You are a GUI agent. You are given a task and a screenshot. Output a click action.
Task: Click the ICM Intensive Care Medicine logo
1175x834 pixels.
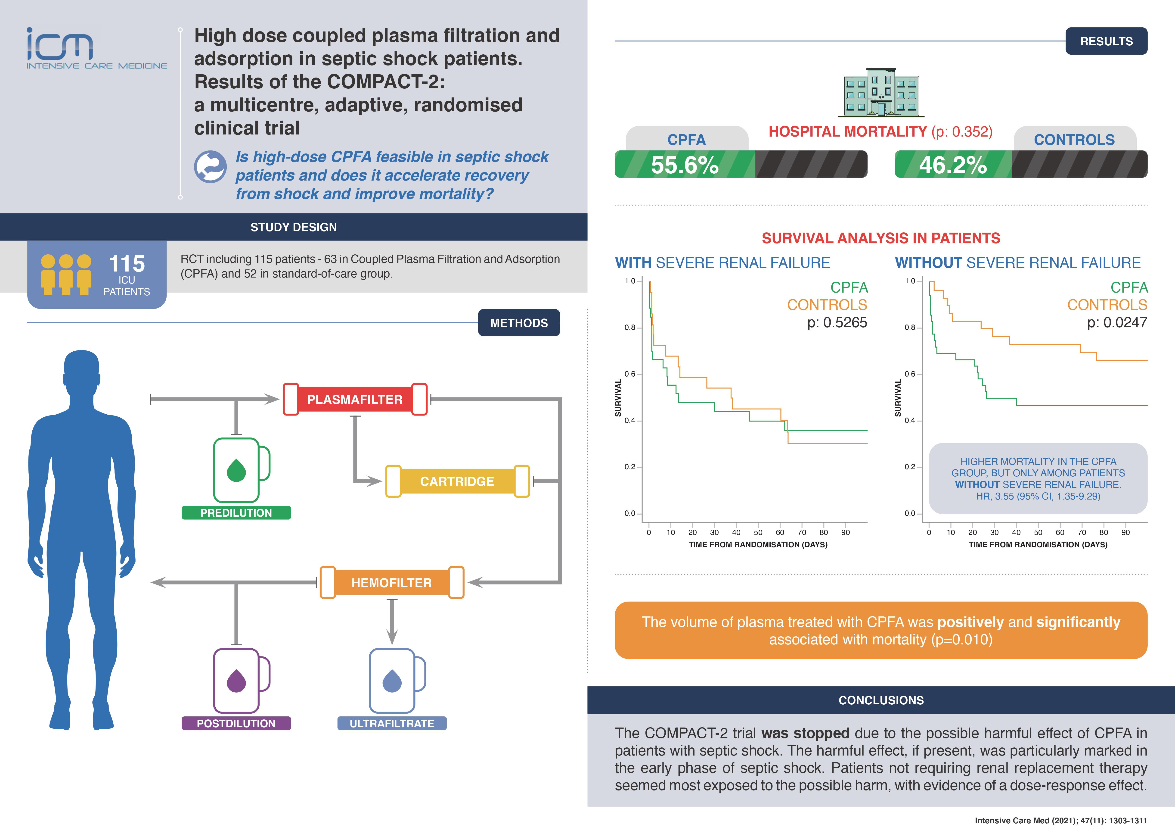(96, 49)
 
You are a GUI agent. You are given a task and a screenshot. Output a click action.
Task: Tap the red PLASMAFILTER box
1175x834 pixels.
(355, 400)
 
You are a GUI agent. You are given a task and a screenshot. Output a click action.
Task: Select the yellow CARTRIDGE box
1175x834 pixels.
(457, 481)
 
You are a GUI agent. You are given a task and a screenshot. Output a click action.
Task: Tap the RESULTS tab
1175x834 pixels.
(1106, 41)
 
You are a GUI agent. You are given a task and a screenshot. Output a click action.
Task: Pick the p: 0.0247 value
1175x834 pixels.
(1117, 322)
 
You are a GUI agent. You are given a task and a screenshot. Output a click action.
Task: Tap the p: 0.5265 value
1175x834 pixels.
(837, 322)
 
